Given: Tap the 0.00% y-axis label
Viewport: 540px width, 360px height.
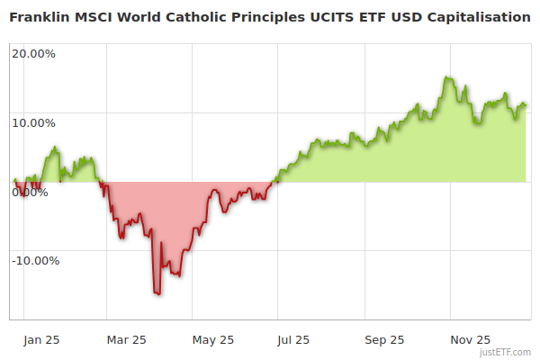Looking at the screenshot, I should tap(29, 192).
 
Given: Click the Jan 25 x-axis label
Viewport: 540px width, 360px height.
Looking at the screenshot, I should tap(41, 339).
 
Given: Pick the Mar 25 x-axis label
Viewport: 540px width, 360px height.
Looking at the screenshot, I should tap(126, 339).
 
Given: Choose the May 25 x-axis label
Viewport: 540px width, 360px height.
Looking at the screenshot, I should tap(213, 339).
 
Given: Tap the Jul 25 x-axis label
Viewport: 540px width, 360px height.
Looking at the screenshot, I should tap(292, 339).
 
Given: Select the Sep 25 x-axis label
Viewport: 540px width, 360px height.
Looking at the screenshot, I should tap(384, 339).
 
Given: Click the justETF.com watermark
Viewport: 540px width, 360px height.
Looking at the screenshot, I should tap(506, 353).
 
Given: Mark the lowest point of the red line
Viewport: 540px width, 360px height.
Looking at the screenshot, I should tap(157, 293).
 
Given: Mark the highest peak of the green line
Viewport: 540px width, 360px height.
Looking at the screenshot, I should tap(446, 77).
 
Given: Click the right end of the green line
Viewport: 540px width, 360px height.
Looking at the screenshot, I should tap(526, 105).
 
